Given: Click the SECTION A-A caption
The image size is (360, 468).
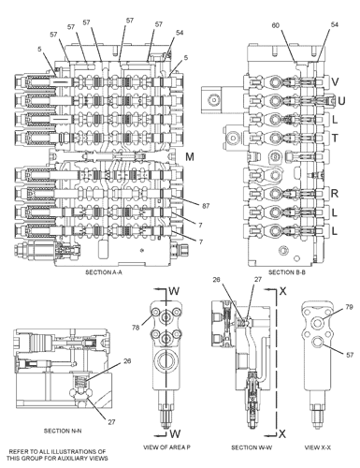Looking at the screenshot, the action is pyautogui.click(x=104, y=272).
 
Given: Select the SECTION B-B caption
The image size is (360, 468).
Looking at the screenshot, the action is pyautogui.click(x=287, y=272).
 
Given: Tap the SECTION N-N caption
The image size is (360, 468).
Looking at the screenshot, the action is pyautogui.click(x=63, y=431).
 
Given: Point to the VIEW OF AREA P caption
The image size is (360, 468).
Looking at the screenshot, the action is pyautogui.click(x=166, y=447).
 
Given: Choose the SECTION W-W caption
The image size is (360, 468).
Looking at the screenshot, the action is pyautogui.click(x=252, y=447).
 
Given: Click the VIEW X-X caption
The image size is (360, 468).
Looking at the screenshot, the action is pyautogui.click(x=318, y=447).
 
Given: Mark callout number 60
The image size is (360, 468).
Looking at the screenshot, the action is pyautogui.click(x=276, y=25).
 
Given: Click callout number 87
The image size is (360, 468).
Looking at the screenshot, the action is pyautogui.click(x=206, y=206).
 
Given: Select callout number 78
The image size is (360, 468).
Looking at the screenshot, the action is pyautogui.click(x=136, y=328).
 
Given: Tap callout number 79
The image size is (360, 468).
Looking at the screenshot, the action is pyautogui.click(x=350, y=307).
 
